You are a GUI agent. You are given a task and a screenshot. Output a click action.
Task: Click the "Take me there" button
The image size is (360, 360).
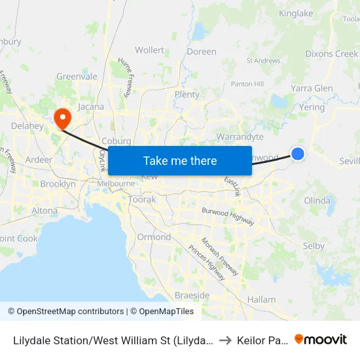(x=180, y=160)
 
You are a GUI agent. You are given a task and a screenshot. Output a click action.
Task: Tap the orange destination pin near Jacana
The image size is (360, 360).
(x=63, y=118)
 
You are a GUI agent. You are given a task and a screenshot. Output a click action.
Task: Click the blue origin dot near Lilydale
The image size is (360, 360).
(x=297, y=154)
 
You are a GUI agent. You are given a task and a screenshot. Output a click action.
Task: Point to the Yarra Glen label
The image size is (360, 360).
(x=312, y=88)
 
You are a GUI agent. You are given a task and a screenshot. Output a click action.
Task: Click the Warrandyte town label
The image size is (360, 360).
(x=240, y=137)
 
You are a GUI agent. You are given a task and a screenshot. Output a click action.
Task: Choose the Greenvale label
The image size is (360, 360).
(x=77, y=77)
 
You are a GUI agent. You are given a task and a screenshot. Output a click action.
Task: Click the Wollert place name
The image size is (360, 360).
(x=149, y=50)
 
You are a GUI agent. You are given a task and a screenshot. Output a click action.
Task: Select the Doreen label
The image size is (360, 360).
(x=202, y=52)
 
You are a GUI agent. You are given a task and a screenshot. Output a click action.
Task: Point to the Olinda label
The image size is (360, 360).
(x=317, y=200)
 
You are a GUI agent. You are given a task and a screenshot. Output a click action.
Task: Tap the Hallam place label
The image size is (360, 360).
(x=262, y=299)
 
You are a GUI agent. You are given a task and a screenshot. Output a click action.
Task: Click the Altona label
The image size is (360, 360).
(x=45, y=211)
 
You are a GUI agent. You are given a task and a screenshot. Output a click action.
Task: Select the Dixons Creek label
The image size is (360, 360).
(x=332, y=54)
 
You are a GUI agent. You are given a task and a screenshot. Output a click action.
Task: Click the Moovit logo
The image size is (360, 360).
(x=321, y=339)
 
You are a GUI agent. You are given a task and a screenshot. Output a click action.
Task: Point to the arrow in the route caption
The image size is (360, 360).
(x=223, y=340)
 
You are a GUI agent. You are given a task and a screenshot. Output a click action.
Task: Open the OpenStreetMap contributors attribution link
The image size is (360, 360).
(x=66, y=312)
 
